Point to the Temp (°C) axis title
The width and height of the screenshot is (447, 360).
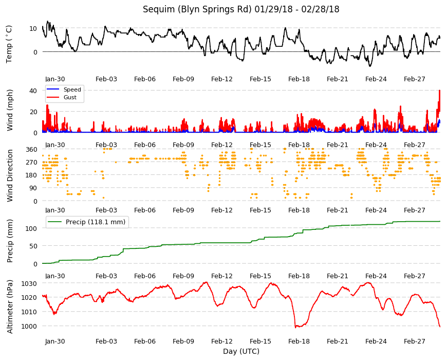tap(9, 44)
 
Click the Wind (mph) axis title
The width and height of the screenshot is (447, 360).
tap(10, 110)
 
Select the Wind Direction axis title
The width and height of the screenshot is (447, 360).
tap(10, 175)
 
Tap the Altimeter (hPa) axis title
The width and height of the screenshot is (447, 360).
tap(10, 307)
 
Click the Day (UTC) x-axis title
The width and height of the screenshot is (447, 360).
tap(241, 351)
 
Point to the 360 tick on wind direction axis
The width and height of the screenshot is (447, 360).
tap(32, 150)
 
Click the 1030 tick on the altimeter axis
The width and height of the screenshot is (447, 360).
tap(29, 283)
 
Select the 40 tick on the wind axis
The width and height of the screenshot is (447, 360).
tap(33, 91)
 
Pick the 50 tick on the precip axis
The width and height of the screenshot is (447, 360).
tap(33, 246)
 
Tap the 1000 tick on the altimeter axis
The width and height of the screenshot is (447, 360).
tap(29, 327)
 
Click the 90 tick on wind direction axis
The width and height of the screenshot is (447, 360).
tap(33, 188)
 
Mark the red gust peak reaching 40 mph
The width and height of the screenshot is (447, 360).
tap(440, 91)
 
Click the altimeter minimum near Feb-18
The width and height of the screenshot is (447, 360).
tap(295, 327)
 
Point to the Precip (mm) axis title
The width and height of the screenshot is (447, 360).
tap(10, 241)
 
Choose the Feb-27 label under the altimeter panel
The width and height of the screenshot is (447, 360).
tap(415, 341)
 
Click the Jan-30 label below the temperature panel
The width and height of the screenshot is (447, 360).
tap(55, 79)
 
